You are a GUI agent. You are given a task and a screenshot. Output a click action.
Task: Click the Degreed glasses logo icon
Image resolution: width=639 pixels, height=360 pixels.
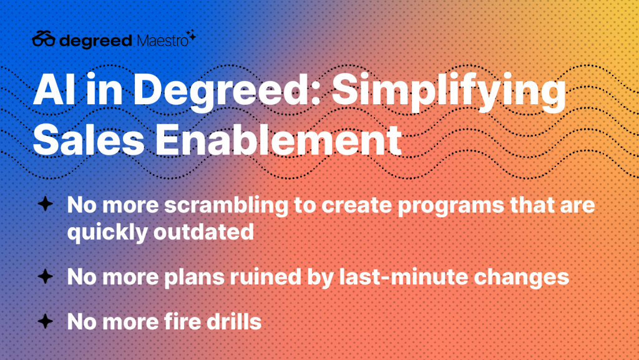(44, 39)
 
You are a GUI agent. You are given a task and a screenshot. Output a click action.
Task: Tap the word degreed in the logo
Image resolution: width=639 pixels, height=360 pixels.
(95, 41)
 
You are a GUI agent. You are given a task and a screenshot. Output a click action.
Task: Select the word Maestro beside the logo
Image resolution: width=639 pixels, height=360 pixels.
(163, 41)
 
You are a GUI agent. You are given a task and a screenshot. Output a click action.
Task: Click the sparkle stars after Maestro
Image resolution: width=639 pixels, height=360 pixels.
(191, 36)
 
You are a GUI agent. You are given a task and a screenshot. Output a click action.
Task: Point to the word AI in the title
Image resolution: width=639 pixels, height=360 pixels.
(54, 90)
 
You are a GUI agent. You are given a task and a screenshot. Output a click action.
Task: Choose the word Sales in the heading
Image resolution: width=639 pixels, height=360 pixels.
(89, 140)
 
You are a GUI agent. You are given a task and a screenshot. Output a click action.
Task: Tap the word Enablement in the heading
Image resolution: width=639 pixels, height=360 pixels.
(278, 139)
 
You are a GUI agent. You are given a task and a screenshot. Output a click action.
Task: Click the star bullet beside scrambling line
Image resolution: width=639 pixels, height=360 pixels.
(45, 203)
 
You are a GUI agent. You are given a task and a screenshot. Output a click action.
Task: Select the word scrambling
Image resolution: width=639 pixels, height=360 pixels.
(226, 206)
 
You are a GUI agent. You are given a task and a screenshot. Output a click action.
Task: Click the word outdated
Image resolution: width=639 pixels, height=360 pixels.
(204, 231)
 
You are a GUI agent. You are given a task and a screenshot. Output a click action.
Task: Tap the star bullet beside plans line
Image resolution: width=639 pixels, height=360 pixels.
(45, 276)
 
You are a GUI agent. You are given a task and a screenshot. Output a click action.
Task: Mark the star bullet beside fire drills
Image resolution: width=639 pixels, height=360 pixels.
(45, 321)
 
